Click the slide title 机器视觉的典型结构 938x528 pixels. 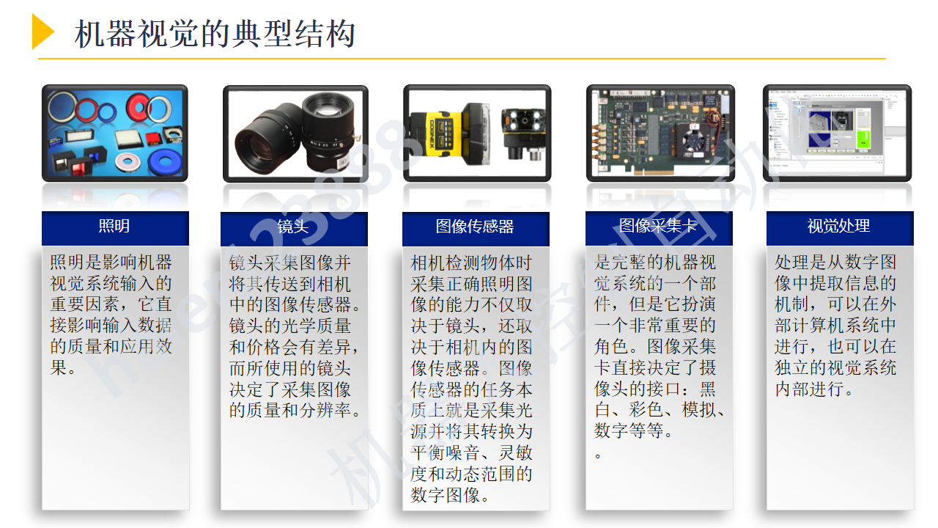(x=215, y=34)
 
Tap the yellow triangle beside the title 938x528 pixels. (x=43, y=32)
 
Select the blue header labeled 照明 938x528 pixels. (x=115, y=227)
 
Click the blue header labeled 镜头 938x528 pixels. (x=294, y=227)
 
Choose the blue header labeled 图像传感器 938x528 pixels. (x=475, y=227)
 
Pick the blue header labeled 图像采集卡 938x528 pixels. (x=658, y=227)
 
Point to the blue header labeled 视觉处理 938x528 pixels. (x=839, y=227)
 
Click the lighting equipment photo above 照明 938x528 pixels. (x=115, y=133)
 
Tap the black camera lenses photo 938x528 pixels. (x=295, y=133)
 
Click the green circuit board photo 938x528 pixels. (x=660, y=133)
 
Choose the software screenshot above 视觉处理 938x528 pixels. (x=837, y=133)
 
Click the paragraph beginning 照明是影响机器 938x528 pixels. (x=111, y=315)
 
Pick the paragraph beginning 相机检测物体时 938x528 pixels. (x=472, y=378)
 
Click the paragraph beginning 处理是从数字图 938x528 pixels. (x=835, y=325)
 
